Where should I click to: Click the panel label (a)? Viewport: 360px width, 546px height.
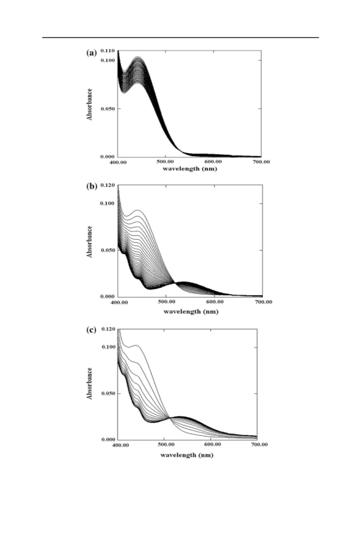pos(91,53)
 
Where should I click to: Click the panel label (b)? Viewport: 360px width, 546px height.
pos(92,186)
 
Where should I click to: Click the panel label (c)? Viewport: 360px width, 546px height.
pos(91,330)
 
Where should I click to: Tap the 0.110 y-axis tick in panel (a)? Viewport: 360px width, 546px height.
pos(108,51)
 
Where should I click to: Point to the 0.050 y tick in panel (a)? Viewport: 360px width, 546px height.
pos(108,109)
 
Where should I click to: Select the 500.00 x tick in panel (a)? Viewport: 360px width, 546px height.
pos(166,162)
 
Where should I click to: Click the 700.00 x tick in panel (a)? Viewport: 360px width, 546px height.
pos(262,162)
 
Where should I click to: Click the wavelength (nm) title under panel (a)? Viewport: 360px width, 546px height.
pos(190,169)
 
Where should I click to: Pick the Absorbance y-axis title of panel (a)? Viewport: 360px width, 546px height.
pos(90,105)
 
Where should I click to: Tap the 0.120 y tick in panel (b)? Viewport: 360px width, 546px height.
pos(108,185)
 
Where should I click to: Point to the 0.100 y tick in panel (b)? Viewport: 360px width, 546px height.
pos(108,204)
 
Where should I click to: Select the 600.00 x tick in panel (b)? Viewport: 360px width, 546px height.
pos(215,302)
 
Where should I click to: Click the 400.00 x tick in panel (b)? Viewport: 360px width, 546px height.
pos(119,302)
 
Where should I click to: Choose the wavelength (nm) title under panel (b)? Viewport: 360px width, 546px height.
pos(191,312)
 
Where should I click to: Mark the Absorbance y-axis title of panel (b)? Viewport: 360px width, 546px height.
pos(90,242)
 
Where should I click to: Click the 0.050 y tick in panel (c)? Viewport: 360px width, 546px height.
pos(108,394)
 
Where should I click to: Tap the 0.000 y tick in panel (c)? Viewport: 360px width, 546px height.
pos(108,440)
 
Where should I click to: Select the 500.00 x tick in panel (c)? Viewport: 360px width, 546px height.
pos(166,445)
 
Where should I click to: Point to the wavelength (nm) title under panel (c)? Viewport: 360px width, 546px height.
pos(187,456)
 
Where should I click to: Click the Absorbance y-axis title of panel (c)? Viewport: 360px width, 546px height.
pos(90,384)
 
